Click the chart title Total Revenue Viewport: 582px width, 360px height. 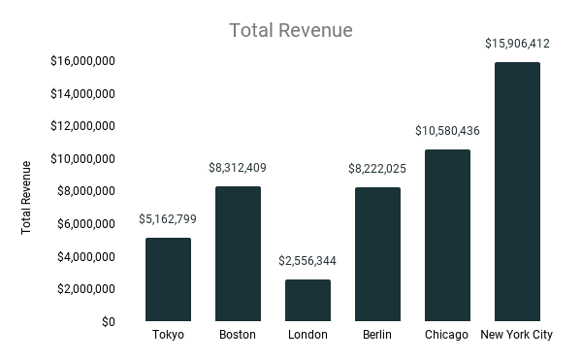[290, 31]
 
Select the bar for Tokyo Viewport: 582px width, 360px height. [168, 279]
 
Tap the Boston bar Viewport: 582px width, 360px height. [238, 253]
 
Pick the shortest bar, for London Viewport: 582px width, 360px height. [307, 300]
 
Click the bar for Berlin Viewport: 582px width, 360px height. [377, 254]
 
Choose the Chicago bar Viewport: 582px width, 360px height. [447, 235]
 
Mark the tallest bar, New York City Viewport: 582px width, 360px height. [517, 191]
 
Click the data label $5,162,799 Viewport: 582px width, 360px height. [168, 219]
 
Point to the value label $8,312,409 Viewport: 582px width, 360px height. [238, 168]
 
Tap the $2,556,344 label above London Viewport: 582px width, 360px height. [307, 261]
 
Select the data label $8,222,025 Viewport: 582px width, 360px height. [377, 169]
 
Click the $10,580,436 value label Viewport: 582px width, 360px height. [447, 131]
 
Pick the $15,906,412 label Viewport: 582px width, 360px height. [517, 44]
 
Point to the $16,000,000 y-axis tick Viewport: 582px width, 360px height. [83, 61]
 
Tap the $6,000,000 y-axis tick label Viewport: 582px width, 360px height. [86, 223]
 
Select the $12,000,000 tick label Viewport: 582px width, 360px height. [83, 126]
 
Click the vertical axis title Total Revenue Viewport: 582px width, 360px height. [26, 198]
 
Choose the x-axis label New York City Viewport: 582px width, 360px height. [517, 336]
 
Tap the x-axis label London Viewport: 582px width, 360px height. [307, 336]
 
